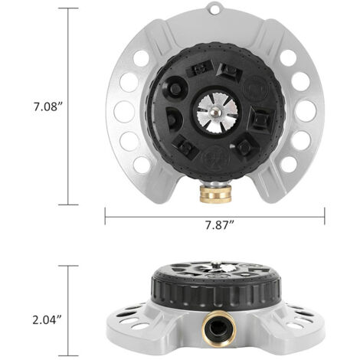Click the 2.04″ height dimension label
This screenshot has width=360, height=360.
click(x=47, y=319)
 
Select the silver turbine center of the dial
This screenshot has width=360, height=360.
click(x=216, y=113)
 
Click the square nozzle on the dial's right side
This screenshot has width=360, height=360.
click(x=262, y=119)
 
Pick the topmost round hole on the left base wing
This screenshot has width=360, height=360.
click(x=142, y=59)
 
